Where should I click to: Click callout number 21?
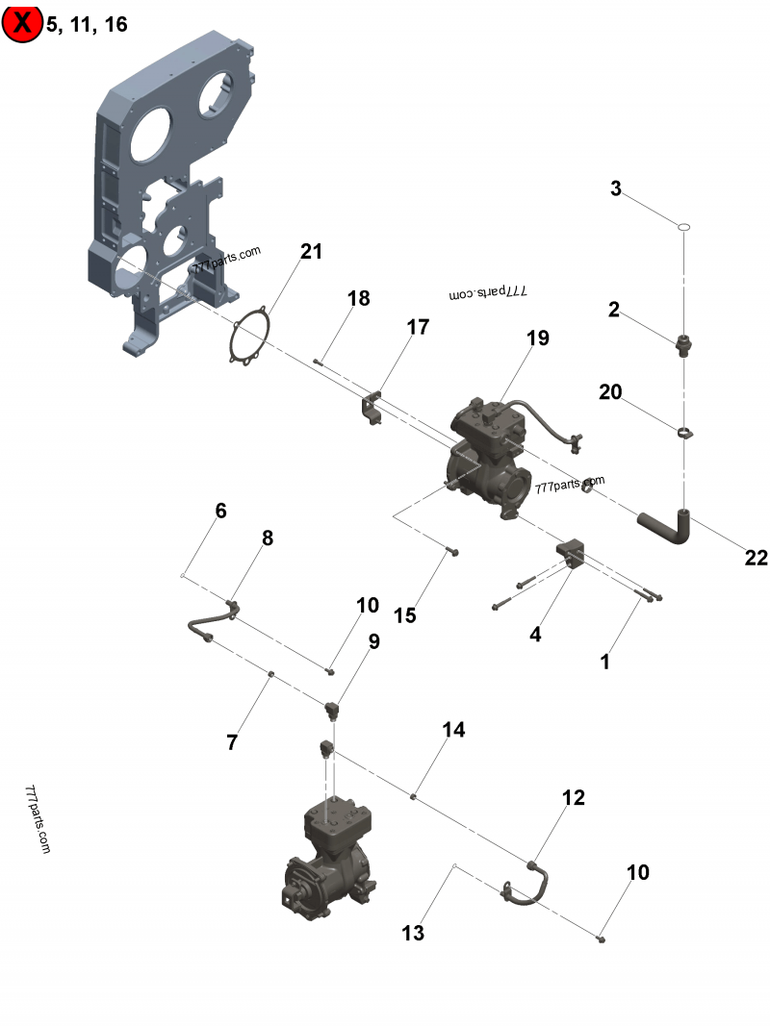[311, 252]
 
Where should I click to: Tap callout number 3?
[616, 188]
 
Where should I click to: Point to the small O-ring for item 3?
[683, 227]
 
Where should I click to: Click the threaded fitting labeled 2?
[683, 342]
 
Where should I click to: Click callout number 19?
[537, 338]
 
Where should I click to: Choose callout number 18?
[358, 298]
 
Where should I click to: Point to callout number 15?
[405, 614]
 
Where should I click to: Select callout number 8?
[268, 538]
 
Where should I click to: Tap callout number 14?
[453, 730]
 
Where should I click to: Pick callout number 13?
[413, 933]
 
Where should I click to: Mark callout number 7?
[231, 742]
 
